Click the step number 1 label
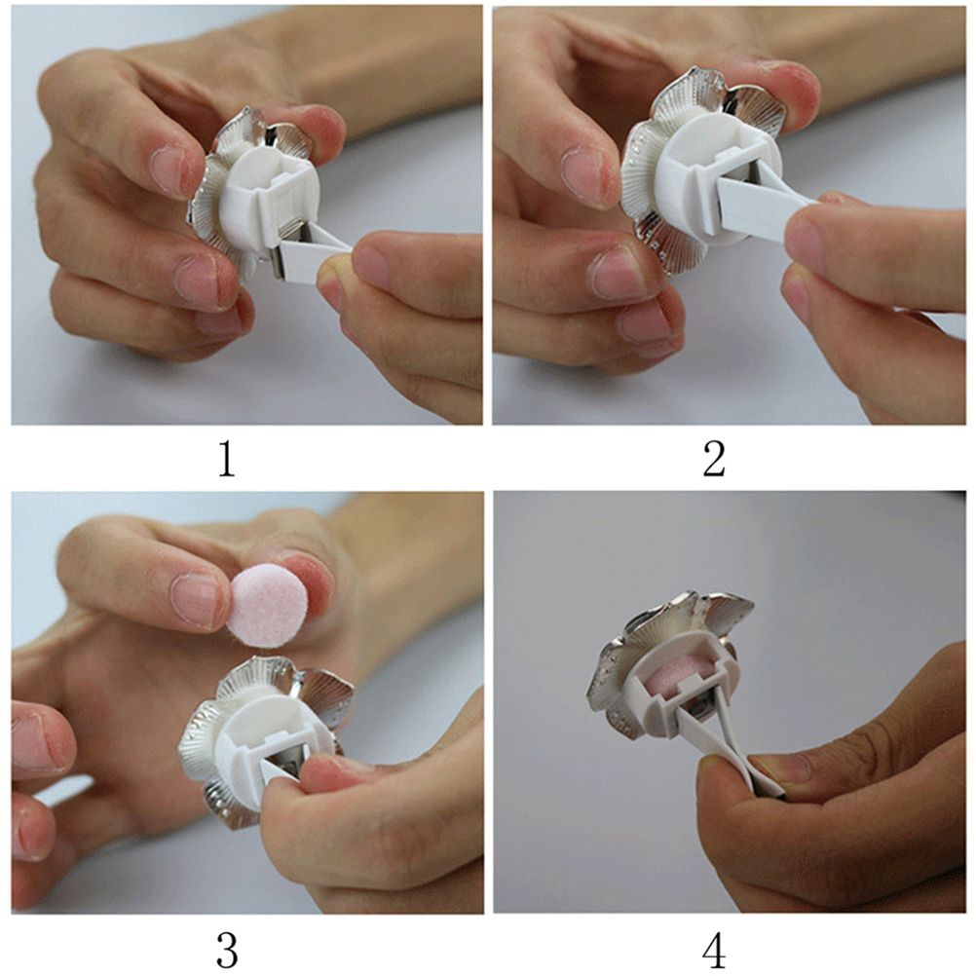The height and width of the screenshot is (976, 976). point(227,460)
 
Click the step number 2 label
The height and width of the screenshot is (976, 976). point(714,460)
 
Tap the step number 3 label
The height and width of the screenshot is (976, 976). point(227,950)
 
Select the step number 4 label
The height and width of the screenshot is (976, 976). point(714,950)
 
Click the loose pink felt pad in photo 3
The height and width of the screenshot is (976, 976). point(267,605)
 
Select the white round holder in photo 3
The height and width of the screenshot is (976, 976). point(265,740)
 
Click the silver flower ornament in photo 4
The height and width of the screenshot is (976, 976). point(669,659)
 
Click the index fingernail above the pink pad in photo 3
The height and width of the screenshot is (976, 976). point(194,599)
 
